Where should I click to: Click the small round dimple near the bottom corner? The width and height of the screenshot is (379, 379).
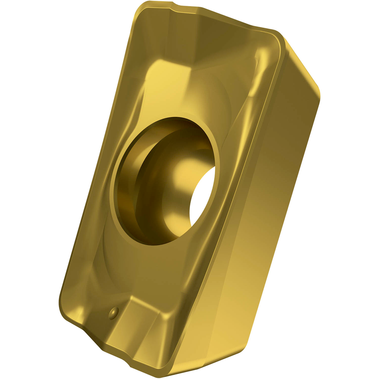click(x=113, y=312)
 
